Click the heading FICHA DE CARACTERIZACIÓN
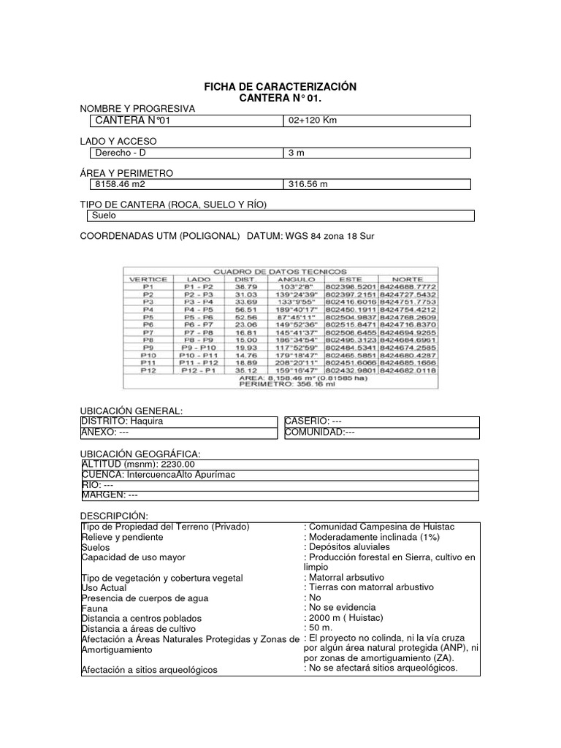280,87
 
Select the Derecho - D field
121,153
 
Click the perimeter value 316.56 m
309,185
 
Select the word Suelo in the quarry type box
104,215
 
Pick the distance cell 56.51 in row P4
245,310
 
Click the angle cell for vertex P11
295,361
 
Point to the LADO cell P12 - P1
199,370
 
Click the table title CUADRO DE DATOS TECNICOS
280,271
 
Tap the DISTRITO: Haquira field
122,421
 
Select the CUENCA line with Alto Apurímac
159,475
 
